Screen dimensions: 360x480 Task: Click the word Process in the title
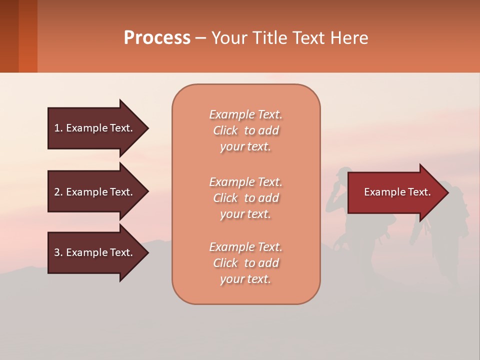(x=157, y=38)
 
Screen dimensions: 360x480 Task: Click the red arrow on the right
(x=395, y=192)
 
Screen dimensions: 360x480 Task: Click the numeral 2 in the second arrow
(x=57, y=192)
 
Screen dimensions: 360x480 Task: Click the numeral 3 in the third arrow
(x=57, y=252)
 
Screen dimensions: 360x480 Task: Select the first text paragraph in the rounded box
(x=245, y=130)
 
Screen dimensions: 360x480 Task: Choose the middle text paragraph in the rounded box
(x=245, y=198)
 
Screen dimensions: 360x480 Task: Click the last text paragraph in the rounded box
(x=245, y=263)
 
